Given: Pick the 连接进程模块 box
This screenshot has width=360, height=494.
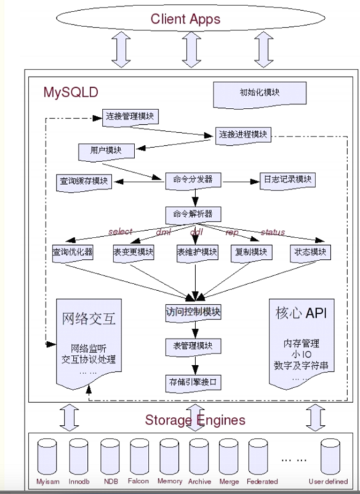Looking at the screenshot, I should point(242,134).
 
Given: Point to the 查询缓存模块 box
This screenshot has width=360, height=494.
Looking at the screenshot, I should point(84,182).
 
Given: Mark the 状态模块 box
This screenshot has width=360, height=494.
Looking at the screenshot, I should point(311,252).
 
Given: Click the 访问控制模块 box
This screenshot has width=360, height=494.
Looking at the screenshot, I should point(195,312).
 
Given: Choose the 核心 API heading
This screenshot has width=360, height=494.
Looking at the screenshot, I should point(301,314).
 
